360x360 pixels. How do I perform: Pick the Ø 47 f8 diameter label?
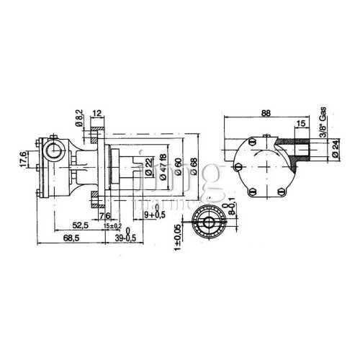click(163, 167)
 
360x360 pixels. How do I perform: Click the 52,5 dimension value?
click(81, 225)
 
